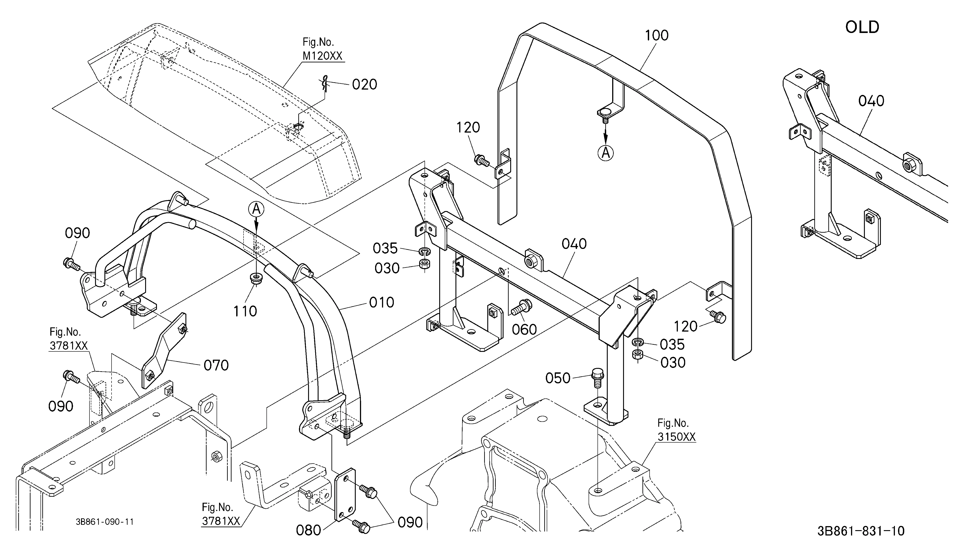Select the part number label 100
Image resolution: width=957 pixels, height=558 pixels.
coord(657,35)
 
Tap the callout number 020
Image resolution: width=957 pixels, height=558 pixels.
coord(365,84)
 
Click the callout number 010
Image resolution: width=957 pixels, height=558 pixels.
coord(382,303)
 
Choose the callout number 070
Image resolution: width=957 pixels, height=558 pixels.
coord(216,366)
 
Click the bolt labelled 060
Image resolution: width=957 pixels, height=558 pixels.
coord(522,307)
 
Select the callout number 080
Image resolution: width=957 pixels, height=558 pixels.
coord(308,530)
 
